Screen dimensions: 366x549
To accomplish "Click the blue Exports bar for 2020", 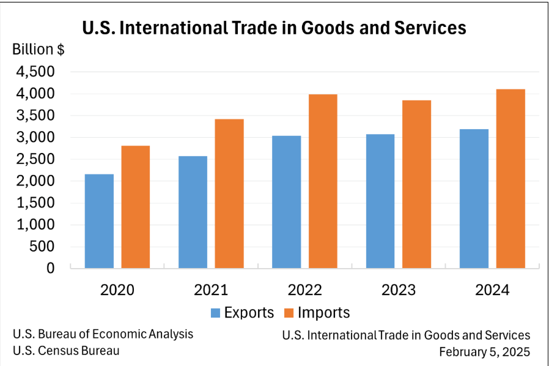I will pos(99,221).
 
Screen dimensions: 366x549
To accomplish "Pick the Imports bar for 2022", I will pos(323,181).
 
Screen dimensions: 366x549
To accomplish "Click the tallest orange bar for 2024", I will pos(510,179).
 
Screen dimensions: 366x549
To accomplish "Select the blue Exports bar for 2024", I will pos(474,198).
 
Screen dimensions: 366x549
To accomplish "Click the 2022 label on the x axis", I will pos(304,289).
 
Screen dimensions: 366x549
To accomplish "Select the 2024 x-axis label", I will pos(492,289).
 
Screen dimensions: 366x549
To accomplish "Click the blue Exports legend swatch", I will pos(215,313).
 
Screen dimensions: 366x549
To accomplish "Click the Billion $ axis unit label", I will pos(39,50).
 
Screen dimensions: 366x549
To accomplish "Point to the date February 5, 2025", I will pos(484,352).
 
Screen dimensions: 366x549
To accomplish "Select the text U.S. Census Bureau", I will pos(66,351).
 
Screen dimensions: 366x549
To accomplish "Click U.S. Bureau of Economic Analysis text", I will pos(103,334).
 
